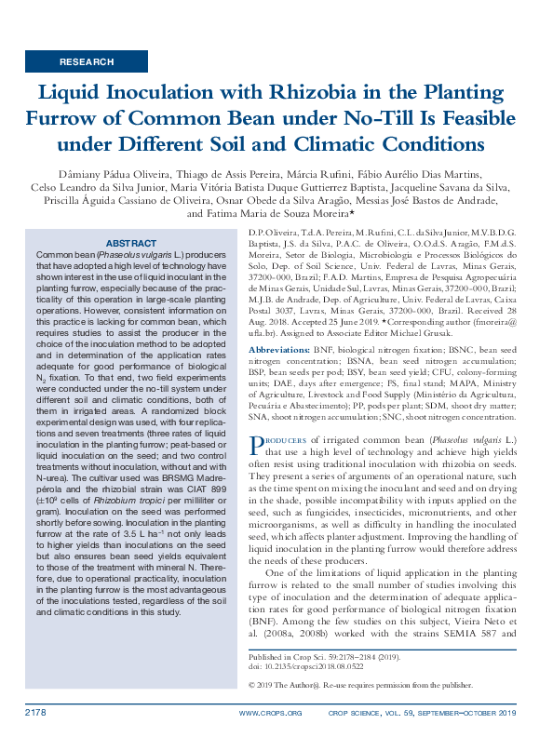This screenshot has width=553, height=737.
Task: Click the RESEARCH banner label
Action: pyautogui.click(x=86, y=61)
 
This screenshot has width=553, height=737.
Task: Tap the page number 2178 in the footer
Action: pyautogui.click(x=36, y=713)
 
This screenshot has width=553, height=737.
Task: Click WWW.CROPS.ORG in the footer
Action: pyautogui.click(x=270, y=714)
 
